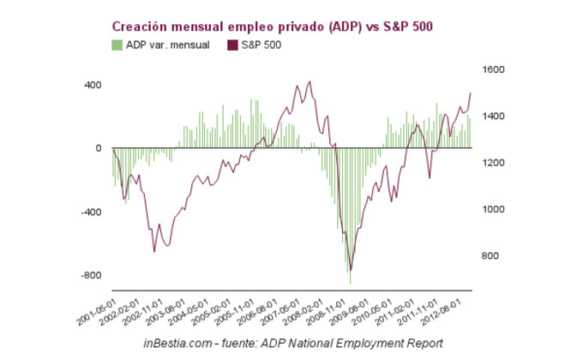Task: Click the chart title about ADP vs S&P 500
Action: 273,27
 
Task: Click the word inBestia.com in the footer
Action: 176,343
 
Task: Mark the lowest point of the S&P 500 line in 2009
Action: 350,271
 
